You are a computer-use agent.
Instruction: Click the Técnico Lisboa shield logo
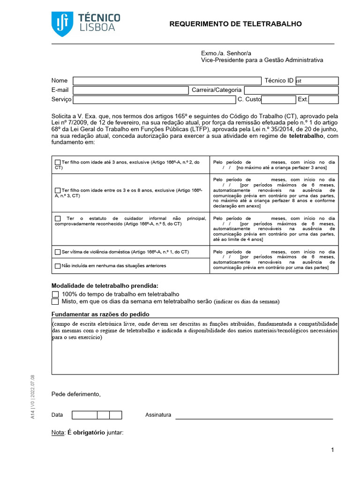pyautogui.click(x=61, y=24)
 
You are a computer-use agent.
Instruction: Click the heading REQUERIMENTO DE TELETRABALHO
pyautogui.click(x=235, y=24)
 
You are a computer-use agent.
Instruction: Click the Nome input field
pyautogui.click(x=167, y=81)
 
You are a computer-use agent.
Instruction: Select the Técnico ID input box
pyautogui.click(x=316, y=81)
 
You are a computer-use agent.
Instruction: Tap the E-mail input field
pyautogui.click(x=130, y=90)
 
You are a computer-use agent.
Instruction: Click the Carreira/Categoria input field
pyautogui.click(x=291, y=90)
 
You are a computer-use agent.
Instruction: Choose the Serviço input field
pyautogui.click(x=154, y=99)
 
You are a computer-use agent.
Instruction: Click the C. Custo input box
pyautogui.click(x=278, y=99)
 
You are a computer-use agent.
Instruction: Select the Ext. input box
pyautogui.click(x=323, y=99)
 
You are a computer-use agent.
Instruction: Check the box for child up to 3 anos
pyautogui.click(x=58, y=163)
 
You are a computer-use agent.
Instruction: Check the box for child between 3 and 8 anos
pyautogui.click(x=58, y=191)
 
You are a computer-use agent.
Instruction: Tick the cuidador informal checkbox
pyautogui.click(x=58, y=218)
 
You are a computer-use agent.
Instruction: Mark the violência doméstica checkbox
pyautogui.click(x=58, y=252)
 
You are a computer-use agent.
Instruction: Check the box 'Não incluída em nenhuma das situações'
pyautogui.click(x=58, y=266)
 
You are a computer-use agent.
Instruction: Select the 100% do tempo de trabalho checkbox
pyautogui.click(x=55, y=294)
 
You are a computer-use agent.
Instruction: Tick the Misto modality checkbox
pyautogui.click(x=55, y=301)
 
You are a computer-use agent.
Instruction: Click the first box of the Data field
pyautogui.click(x=84, y=415)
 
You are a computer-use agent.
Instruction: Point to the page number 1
pyautogui.click(x=332, y=450)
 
